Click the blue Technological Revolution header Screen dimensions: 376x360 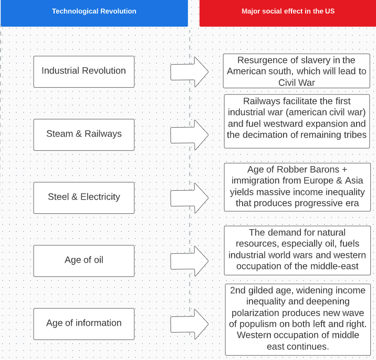(x=94, y=11)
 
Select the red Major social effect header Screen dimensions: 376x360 (x=288, y=11)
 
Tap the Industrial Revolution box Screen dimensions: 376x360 (x=83, y=71)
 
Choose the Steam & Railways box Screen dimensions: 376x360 (x=83, y=134)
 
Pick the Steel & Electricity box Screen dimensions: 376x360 (x=83, y=197)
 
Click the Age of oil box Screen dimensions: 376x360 (x=83, y=260)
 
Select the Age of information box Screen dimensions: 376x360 (x=83, y=323)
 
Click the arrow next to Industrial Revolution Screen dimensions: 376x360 (x=189, y=71)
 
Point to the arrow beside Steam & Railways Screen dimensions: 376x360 (x=189, y=135)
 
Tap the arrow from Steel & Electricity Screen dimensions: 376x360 (x=189, y=198)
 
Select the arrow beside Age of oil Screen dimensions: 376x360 (x=189, y=261)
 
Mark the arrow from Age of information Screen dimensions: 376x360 (x=189, y=324)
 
